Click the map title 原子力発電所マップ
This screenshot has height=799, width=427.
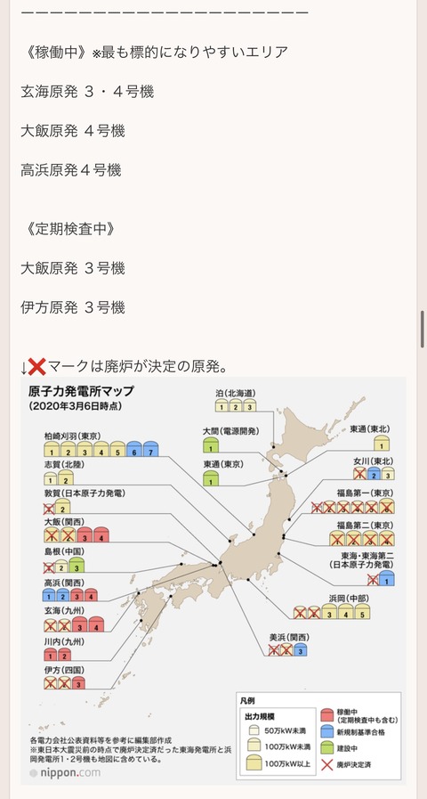(x=83, y=391)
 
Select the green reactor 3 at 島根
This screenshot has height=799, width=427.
(x=78, y=567)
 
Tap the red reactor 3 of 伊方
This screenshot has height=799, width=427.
(x=79, y=684)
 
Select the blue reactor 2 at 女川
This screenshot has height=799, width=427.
(x=375, y=475)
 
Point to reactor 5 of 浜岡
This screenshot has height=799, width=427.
(x=360, y=613)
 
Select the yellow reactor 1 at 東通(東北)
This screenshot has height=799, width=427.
(x=381, y=444)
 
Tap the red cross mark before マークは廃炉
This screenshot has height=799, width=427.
(x=37, y=366)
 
